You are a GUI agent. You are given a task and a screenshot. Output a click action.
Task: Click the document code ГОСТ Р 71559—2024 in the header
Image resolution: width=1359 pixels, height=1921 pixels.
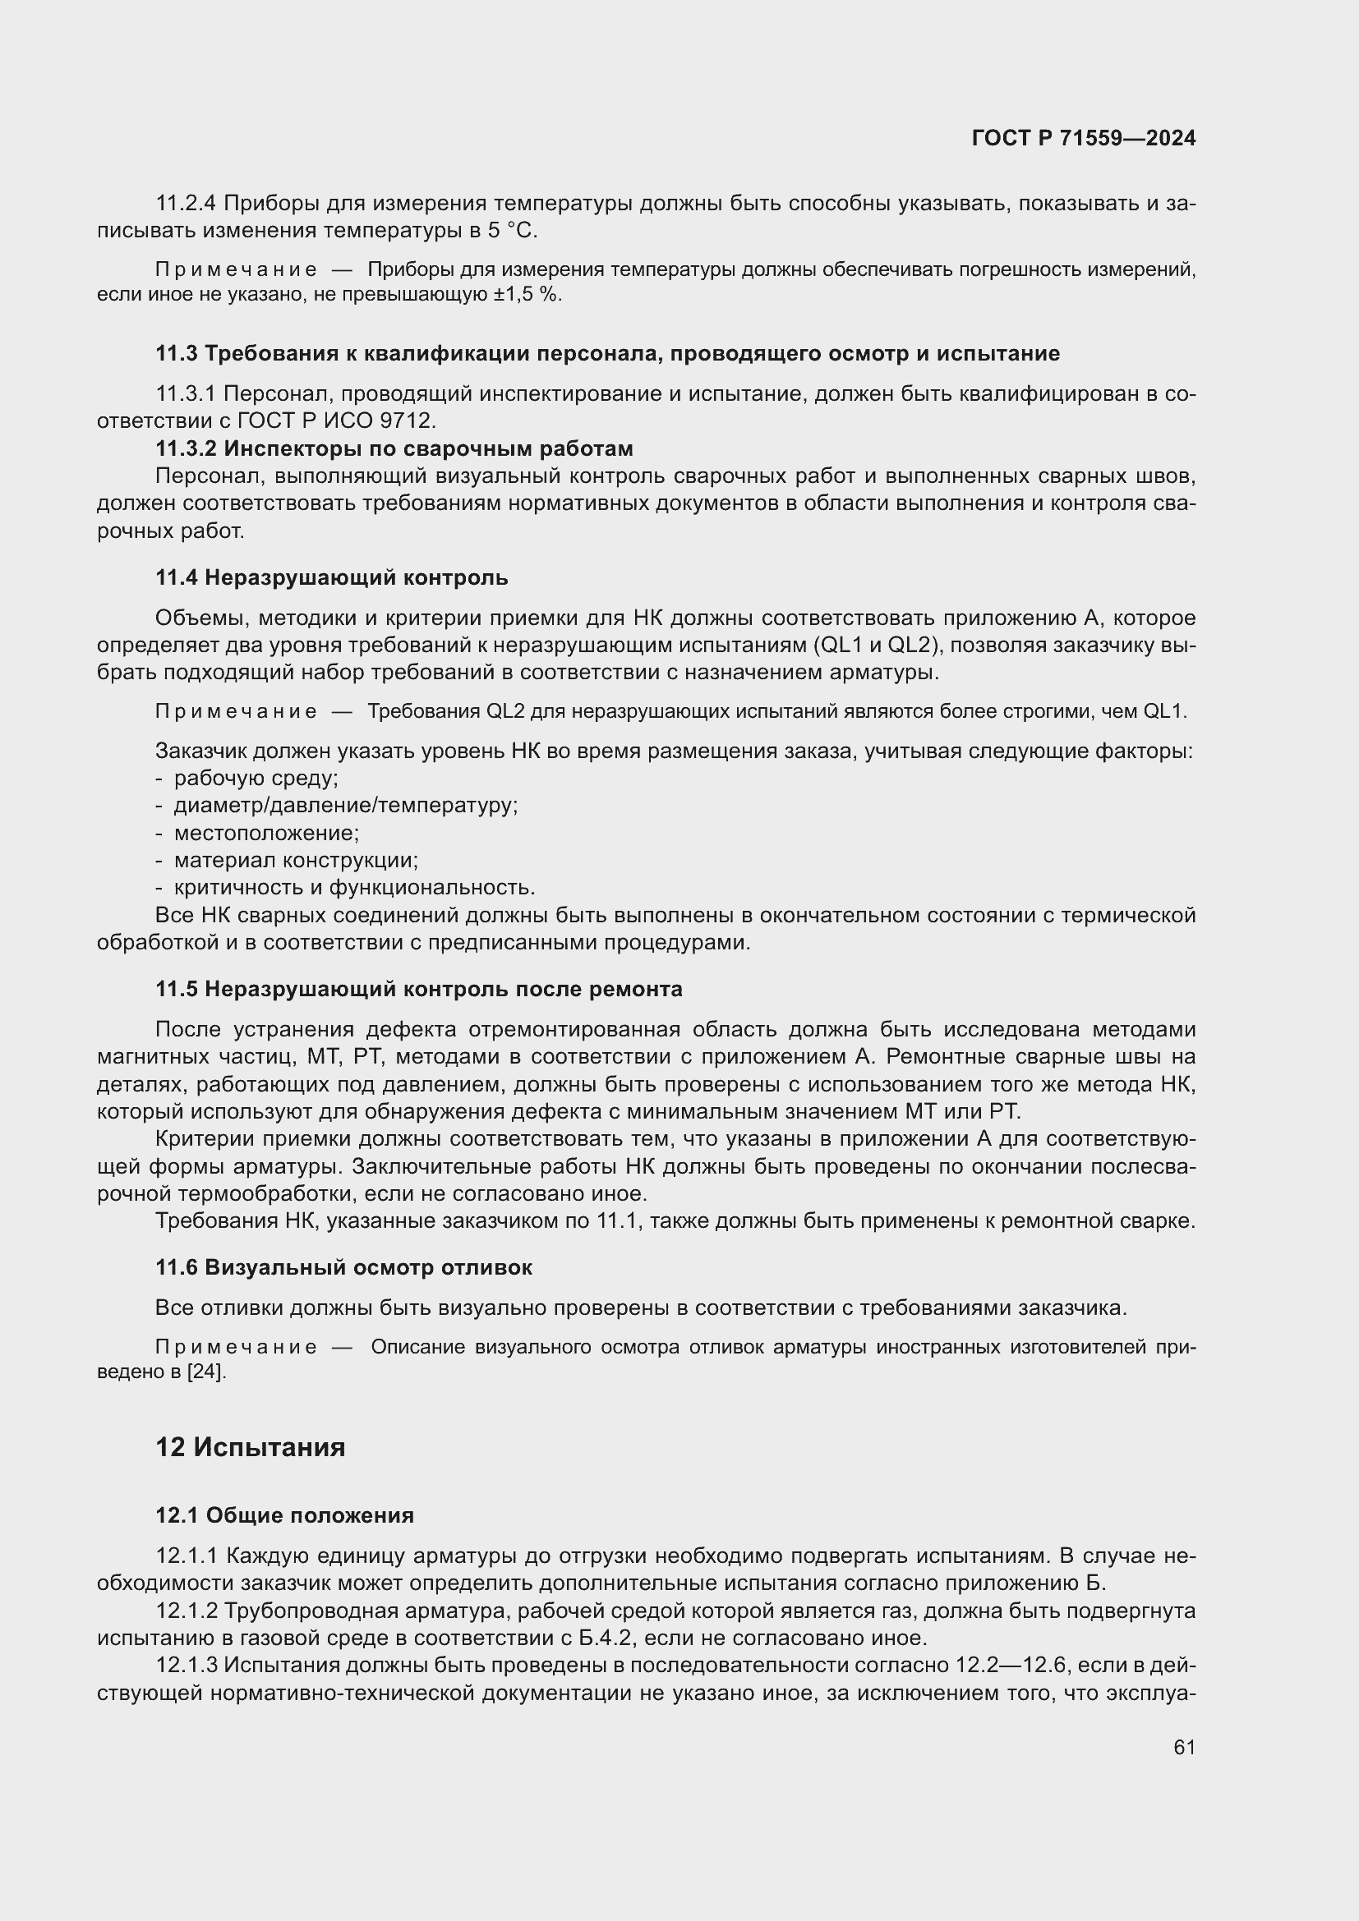point(1083,138)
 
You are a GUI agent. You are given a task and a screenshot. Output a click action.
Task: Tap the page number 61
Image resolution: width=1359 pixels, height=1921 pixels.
point(1184,1747)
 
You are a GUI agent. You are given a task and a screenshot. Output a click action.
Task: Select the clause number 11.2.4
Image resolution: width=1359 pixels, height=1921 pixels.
point(185,204)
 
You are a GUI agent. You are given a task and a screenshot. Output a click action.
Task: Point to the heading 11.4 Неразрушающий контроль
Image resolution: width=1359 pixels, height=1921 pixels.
point(331,578)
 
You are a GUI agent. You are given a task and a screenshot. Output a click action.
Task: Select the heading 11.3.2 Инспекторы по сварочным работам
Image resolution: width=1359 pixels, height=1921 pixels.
point(394,449)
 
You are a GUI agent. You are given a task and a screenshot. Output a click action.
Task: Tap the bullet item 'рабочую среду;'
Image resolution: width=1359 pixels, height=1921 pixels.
point(256,778)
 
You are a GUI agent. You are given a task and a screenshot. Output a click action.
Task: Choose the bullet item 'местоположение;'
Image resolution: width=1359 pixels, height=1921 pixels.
point(266,834)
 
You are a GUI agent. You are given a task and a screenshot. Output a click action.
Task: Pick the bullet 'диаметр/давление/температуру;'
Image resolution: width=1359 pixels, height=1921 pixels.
point(346,806)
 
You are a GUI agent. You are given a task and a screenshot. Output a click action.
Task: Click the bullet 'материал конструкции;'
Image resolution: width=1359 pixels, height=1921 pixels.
point(297,860)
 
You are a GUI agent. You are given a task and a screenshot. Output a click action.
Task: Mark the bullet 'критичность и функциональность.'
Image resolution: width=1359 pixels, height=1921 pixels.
point(354,888)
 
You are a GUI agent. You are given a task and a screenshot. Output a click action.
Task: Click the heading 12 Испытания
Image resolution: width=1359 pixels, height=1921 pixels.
point(251,1446)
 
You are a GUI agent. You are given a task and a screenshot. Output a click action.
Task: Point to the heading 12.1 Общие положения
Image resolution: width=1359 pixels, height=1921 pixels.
point(284,1515)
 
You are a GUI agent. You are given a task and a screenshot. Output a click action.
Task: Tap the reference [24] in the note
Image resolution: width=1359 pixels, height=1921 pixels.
point(206,1372)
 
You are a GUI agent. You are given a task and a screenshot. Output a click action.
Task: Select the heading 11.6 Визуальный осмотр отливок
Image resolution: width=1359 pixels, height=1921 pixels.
point(344,1267)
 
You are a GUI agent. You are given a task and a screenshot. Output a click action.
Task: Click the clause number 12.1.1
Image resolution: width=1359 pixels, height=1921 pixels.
point(187,1556)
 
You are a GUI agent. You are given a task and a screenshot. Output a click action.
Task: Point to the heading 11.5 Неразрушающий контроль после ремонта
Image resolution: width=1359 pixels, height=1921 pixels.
point(418,989)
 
